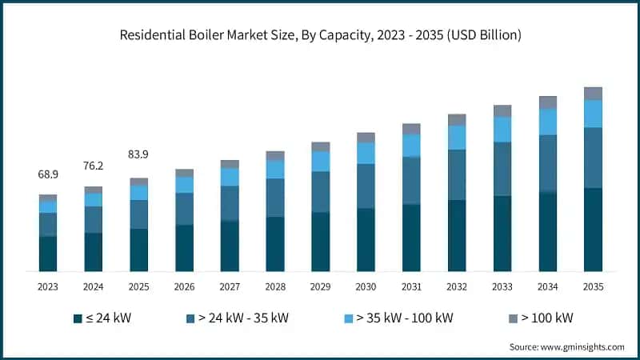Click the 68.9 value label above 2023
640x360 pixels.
tap(48, 174)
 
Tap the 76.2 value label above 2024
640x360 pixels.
tap(94, 166)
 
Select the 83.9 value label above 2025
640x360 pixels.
tap(139, 154)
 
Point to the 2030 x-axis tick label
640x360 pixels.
tap(366, 286)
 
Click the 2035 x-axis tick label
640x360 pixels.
tap(593, 286)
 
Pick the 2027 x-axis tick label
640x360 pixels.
tap(230, 286)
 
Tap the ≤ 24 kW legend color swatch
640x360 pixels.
tap(78, 318)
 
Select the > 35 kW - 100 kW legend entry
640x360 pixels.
tap(400, 318)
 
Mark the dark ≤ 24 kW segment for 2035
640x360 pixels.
tap(593, 230)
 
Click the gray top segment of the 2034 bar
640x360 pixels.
tap(547, 102)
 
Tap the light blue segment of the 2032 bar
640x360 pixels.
tap(457, 138)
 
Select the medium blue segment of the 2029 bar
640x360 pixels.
tap(321, 192)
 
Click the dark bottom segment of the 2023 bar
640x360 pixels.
tap(48, 254)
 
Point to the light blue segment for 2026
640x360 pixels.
tap(184, 185)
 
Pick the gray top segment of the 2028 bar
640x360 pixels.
tap(275, 156)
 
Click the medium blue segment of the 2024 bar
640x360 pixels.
tap(94, 220)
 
